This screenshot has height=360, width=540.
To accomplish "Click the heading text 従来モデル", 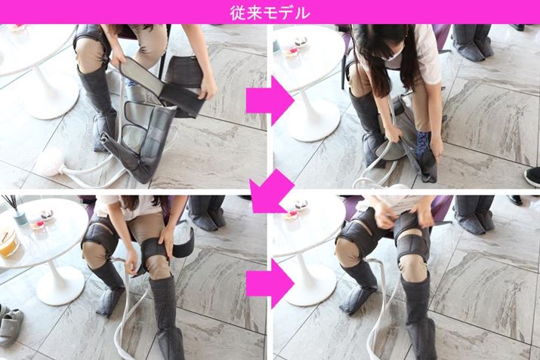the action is coord(270,13).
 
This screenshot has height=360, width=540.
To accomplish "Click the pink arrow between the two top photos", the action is coord(270,100).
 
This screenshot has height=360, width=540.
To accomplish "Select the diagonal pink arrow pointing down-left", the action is coord(271,192).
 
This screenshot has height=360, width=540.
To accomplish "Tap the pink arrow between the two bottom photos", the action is coord(270,283).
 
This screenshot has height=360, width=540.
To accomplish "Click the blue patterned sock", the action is coord(421,145).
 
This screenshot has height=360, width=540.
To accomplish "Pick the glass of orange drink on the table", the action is coord(8,242).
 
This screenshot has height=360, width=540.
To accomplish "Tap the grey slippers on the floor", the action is coord(11,325).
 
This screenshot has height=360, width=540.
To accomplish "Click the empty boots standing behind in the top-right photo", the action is coord(473,42).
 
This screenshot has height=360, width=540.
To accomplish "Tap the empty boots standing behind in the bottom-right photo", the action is coord(474,213).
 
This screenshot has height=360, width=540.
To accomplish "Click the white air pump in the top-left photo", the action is coord(51,162).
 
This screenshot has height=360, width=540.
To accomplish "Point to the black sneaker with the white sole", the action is coord(532,177).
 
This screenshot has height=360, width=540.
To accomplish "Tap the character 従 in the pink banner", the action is coord(238,13).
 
